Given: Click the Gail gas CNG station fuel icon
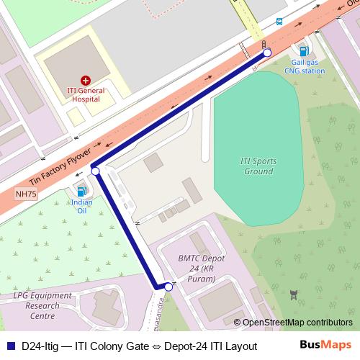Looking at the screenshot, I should coord(303,50).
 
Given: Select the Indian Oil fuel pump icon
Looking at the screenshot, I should coord(81,192).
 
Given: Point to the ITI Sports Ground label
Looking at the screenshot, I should coord(257,166).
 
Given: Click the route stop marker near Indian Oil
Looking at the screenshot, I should coord(95,171).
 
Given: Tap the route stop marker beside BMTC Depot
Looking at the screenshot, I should coord(168,287).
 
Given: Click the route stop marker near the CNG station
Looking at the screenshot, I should coord(266,53).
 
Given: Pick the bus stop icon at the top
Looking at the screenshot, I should coord(279,22).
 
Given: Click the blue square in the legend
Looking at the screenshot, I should coord(9,346).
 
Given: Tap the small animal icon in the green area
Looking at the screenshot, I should coord(293,294).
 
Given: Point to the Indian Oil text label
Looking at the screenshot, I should coord(81,207).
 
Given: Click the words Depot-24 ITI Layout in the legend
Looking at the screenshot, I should coord(210,346).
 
